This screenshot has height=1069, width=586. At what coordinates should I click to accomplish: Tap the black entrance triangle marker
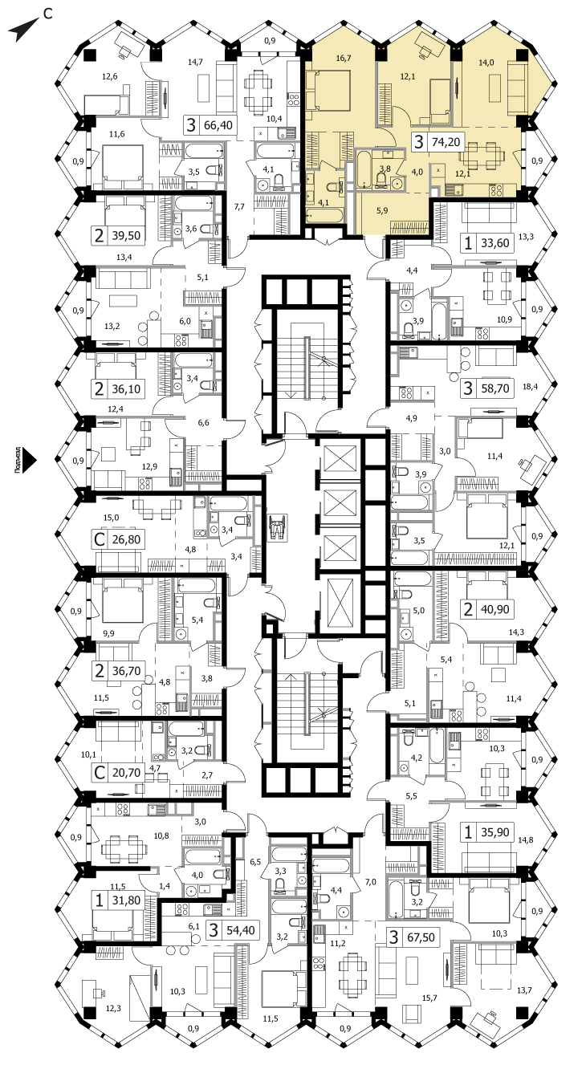coord(30,461)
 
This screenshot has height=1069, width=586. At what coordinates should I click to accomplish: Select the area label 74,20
coord(446,142)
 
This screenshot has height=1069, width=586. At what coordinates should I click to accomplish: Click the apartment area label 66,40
coord(218,125)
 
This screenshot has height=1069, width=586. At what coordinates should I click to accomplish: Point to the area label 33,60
coord(494,243)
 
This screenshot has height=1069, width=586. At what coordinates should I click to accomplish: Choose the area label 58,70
coord(494,388)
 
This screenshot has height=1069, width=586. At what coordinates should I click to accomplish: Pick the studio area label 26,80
coord(126,540)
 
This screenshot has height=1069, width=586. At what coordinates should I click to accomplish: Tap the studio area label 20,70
coord(126,772)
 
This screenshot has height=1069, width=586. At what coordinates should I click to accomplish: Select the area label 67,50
coord(421,937)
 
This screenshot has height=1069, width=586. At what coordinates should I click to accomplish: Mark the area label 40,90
coord(494,609)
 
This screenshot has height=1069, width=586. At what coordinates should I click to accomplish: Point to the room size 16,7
coord(344,59)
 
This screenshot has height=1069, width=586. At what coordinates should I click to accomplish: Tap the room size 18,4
coord(530,387)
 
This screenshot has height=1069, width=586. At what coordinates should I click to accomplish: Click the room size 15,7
coord(429,998)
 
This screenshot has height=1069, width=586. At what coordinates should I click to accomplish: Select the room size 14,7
coord(195,62)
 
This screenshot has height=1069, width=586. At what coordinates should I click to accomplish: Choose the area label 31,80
coord(126,900)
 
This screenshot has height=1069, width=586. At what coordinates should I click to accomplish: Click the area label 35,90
coord(494,832)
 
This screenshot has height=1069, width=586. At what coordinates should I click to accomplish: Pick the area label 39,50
coord(126,236)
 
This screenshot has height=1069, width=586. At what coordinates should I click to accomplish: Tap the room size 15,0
coord(112,518)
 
